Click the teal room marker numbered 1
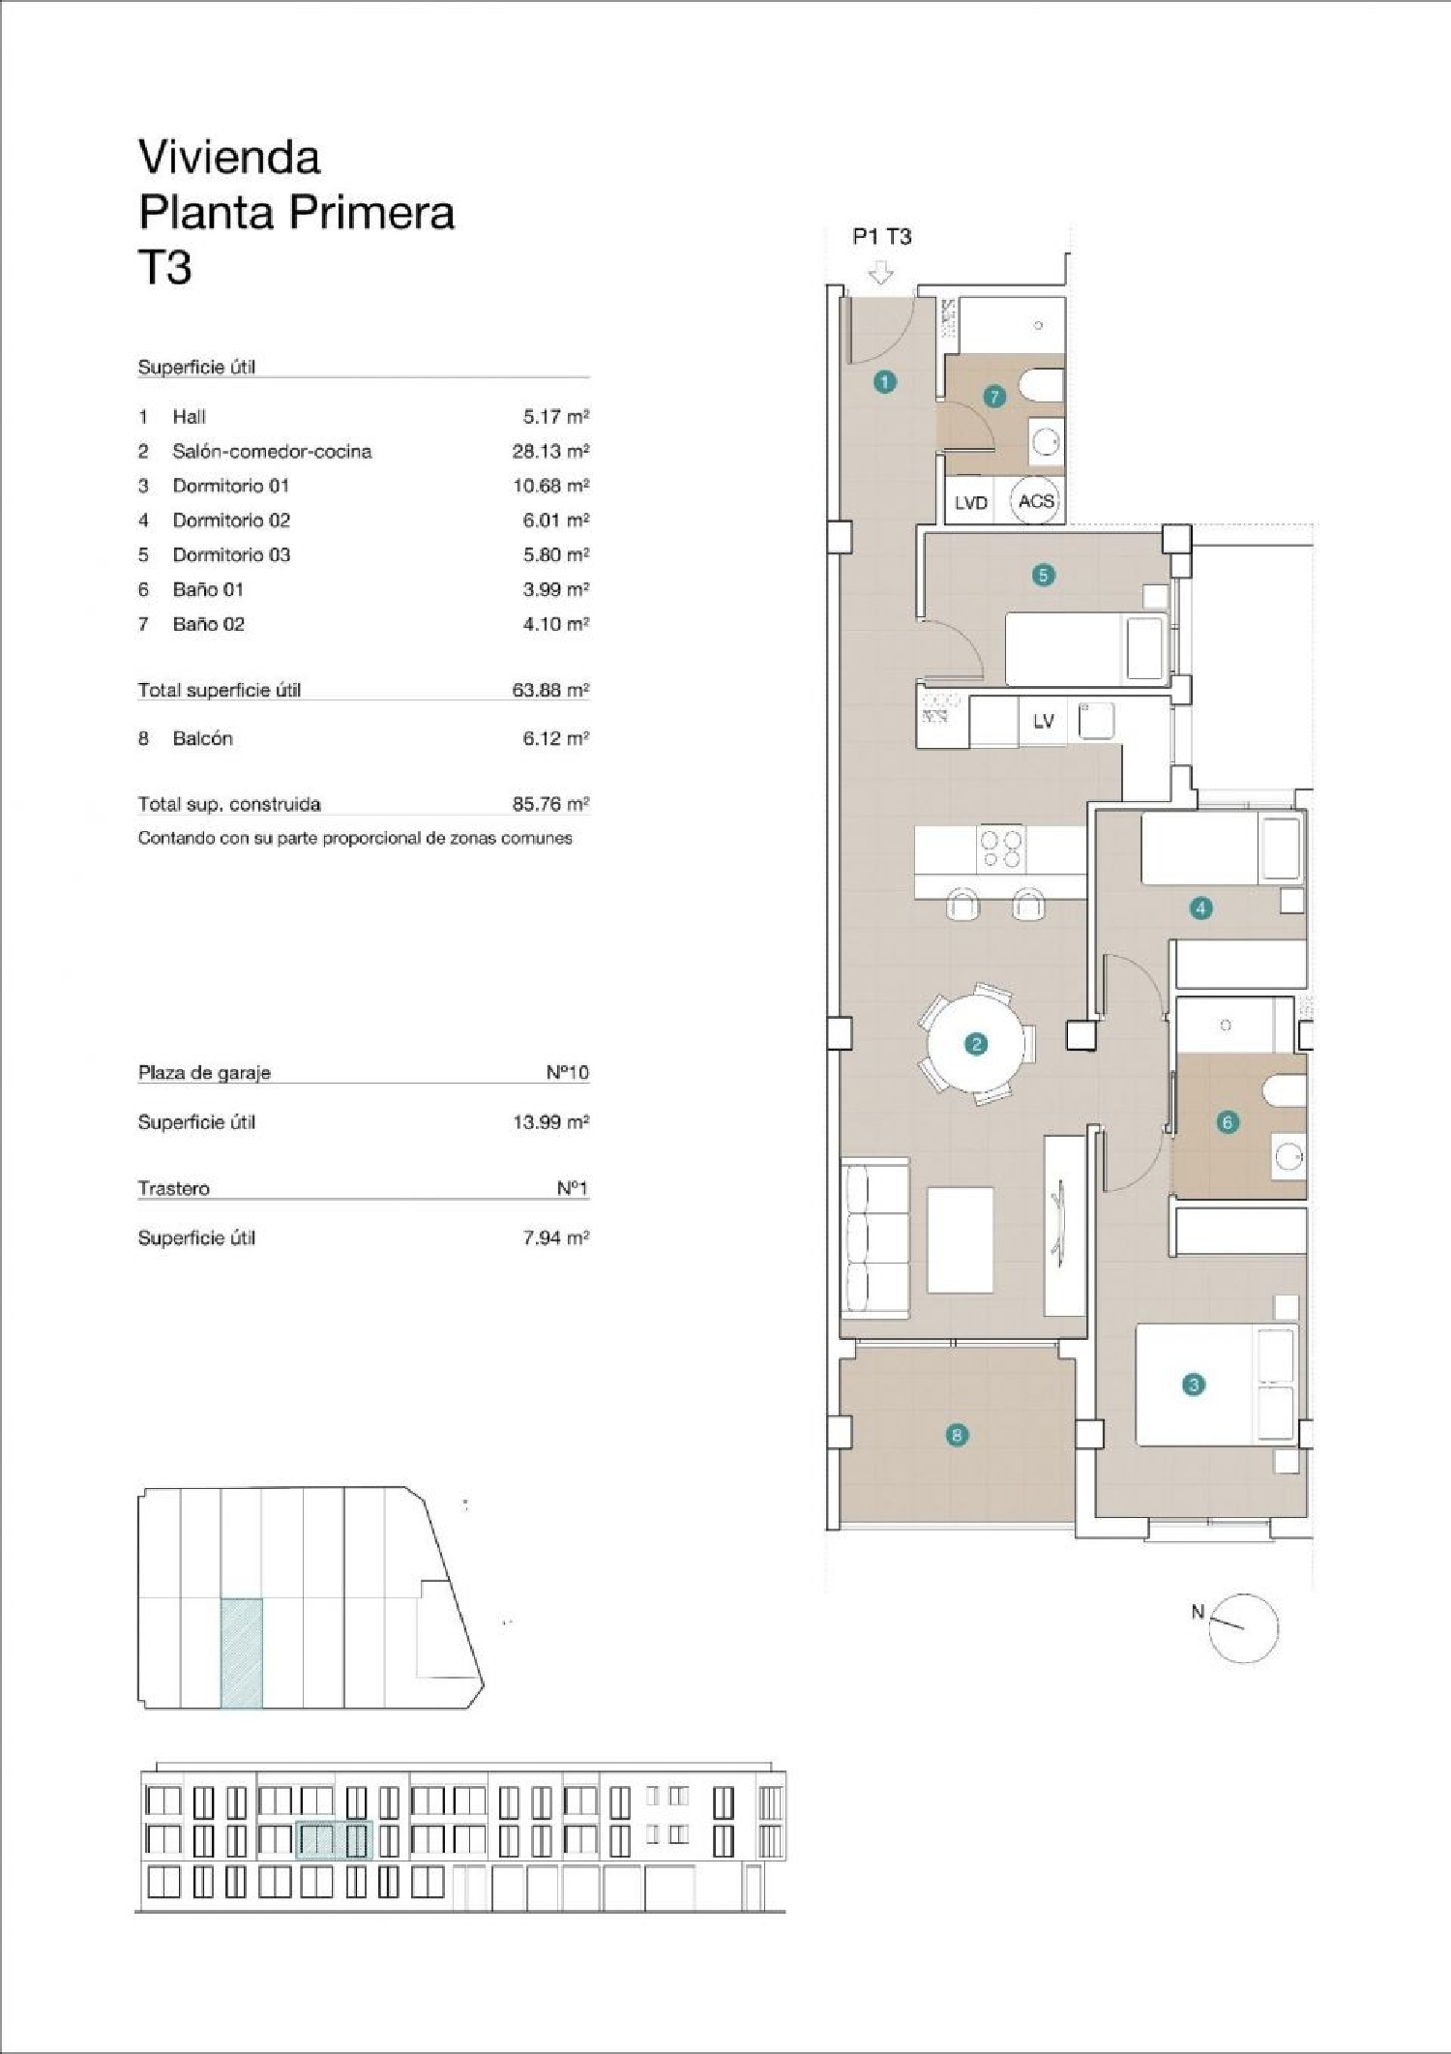[884, 382]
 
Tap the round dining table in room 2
[975, 1044]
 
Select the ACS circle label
[1035, 501]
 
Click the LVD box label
[970, 503]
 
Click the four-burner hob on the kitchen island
[1000, 848]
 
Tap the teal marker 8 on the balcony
[957, 1435]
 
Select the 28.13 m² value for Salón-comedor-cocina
[550, 451]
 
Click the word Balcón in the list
[202, 738]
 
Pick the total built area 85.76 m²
[550, 804]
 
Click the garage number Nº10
[567, 1072]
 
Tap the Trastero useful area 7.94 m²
[555, 1237]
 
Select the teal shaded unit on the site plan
[241, 1652]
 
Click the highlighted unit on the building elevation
[334, 1839]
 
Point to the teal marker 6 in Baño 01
[1228, 1122]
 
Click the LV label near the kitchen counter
[1043, 722]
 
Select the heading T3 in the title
[165, 268]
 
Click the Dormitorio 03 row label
[231, 555]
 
